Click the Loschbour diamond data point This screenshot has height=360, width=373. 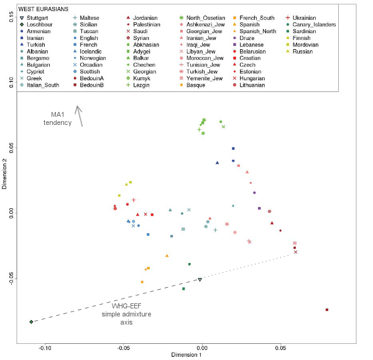click(x=31, y=322)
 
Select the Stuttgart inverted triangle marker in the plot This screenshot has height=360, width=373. click(x=200, y=280)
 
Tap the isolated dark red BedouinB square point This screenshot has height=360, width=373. click(x=327, y=310)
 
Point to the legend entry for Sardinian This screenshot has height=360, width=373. click(x=301, y=31)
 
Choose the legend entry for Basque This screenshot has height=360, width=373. click(x=193, y=85)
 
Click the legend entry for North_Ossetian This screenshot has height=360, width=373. click(x=202, y=18)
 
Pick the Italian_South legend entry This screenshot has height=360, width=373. click(x=40, y=85)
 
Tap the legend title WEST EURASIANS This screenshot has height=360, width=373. click(x=44, y=9)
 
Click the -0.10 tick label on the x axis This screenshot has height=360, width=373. click(x=45, y=348)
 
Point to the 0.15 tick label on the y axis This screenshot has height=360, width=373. click(x=11, y=17)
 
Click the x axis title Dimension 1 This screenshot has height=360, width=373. click(x=186, y=355)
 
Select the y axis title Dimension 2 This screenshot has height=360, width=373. click(x=4, y=174)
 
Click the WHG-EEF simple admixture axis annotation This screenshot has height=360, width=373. click(x=126, y=314)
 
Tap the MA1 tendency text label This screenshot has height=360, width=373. click(x=58, y=119)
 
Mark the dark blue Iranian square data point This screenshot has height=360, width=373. click(x=233, y=149)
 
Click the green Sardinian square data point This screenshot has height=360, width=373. click(x=183, y=289)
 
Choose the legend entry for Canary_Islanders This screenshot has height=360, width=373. click(x=311, y=24)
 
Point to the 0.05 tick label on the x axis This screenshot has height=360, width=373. click(x=281, y=348)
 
